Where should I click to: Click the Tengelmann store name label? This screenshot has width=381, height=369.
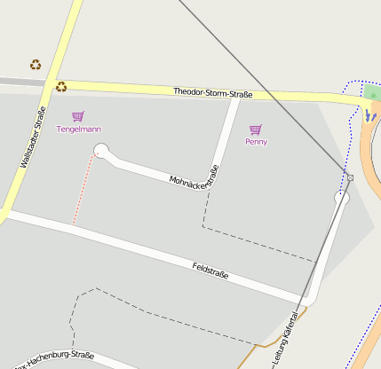(78, 130)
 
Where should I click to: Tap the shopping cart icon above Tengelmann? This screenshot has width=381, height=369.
(78, 116)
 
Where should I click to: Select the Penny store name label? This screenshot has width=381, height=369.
(256, 141)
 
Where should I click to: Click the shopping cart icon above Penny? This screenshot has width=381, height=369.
(256, 130)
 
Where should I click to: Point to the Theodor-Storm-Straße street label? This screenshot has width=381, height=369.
(212, 92)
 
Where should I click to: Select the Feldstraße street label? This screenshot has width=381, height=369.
(210, 270)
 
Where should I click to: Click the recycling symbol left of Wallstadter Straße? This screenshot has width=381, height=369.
(36, 64)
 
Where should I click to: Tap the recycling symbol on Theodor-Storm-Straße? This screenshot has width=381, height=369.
(61, 86)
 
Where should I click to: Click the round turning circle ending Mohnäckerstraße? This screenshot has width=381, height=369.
(100, 151)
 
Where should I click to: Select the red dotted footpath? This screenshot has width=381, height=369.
(82, 191)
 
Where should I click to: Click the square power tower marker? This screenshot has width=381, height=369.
(350, 177)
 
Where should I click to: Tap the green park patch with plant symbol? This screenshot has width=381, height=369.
(372, 92)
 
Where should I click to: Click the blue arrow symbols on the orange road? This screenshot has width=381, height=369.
(369, 115)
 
